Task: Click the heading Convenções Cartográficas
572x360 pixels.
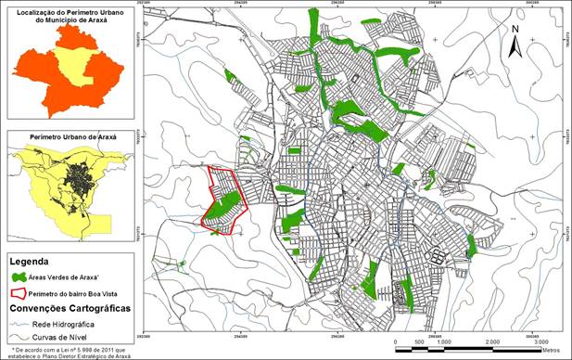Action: pyautogui.click(x=69, y=307)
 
